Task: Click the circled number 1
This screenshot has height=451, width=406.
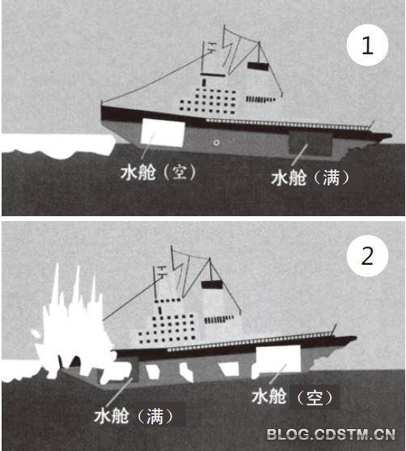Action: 367,45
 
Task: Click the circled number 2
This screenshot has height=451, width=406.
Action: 367,256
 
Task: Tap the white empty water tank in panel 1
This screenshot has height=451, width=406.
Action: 163,133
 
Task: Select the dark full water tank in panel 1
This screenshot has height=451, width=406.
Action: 311,144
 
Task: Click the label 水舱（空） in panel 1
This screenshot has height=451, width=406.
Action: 159,172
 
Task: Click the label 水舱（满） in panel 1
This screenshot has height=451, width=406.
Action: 311,177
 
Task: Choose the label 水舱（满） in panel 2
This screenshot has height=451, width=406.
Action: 134,415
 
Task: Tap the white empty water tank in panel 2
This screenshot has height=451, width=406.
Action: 278,359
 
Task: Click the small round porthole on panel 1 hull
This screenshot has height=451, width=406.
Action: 217,143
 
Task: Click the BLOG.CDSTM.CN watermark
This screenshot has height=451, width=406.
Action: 331,434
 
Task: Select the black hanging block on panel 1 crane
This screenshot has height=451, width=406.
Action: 258,66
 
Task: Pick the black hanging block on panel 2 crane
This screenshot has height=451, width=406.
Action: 212,285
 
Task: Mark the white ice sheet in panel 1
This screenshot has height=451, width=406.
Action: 57,146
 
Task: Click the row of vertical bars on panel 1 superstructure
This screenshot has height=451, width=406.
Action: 260,100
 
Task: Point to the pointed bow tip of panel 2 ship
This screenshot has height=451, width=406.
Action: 356,338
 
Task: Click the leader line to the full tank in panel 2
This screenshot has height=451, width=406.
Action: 118,394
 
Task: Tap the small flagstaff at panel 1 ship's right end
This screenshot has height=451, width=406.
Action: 371,124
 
